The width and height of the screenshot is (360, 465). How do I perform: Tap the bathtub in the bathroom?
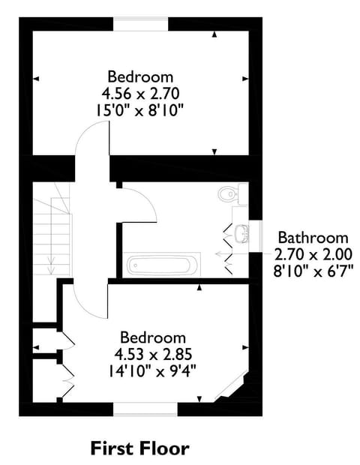tap(163, 265)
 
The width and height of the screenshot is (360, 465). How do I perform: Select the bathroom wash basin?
tap(240, 234)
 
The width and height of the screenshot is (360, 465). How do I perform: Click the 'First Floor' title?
tap(140, 448)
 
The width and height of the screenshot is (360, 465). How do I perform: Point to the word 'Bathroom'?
tap(312, 238)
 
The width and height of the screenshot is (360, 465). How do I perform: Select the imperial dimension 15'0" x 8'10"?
tap(140, 109)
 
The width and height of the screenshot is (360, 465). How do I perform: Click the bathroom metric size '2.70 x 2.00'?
tap(312, 254)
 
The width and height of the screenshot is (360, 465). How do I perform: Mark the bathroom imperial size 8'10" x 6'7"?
tap(312, 270)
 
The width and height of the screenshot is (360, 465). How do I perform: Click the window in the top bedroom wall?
tap(140, 24)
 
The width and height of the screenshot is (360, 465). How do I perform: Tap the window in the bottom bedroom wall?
tap(145, 409)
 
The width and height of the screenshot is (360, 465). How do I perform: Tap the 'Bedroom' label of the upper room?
tap(140, 76)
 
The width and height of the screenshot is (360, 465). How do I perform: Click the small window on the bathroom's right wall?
tap(254, 234)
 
